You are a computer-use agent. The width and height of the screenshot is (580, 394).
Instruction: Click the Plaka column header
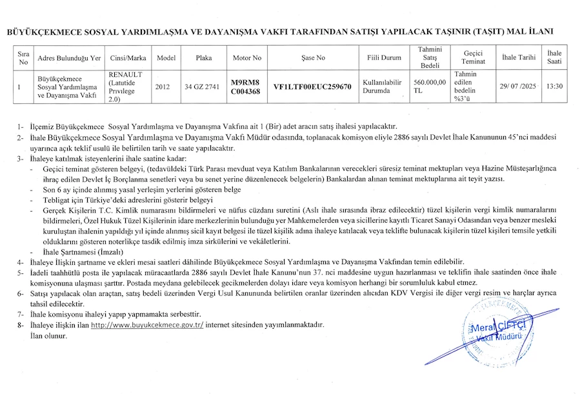click(x=204, y=57)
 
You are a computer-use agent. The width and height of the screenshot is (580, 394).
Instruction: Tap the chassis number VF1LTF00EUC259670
click(x=312, y=86)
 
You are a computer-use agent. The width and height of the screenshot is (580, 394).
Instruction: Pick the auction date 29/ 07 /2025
click(x=519, y=86)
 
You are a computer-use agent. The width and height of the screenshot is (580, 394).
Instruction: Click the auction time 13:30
click(x=554, y=86)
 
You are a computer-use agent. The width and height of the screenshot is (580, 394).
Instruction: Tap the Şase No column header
click(x=313, y=57)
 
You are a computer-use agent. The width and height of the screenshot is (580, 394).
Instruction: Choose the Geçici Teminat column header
click(x=473, y=57)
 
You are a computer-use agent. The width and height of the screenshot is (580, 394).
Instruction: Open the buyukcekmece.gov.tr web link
click(x=147, y=325)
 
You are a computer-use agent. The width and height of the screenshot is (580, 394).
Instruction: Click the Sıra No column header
click(x=23, y=57)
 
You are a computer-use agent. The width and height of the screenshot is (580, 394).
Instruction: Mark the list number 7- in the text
click(x=21, y=314)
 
